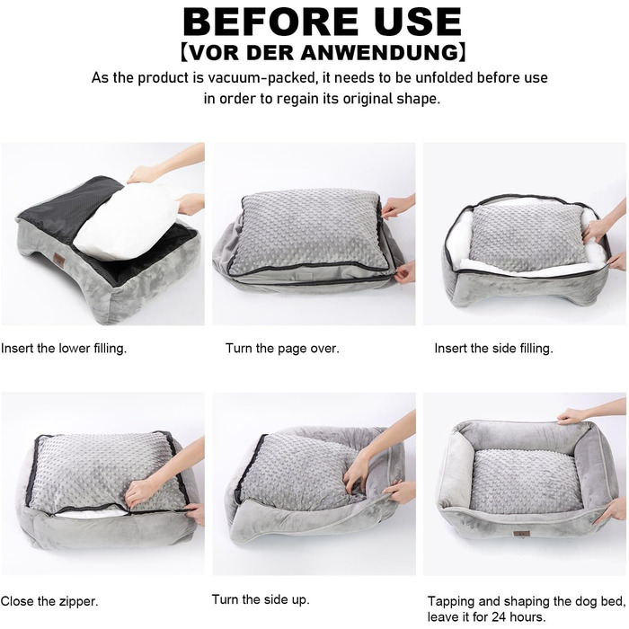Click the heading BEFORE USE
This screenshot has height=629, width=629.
[x=322, y=22]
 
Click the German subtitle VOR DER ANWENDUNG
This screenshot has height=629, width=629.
[x=323, y=52]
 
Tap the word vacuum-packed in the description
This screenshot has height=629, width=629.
[x=262, y=77]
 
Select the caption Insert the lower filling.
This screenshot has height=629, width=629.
[x=64, y=348]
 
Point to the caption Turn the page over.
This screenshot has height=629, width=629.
[x=282, y=349]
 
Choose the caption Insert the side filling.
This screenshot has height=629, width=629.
[x=493, y=348]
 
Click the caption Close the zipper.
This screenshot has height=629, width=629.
[x=49, y=601]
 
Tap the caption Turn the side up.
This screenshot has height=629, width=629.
[x=261, y=599]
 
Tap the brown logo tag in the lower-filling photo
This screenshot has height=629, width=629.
[x=60, y=261]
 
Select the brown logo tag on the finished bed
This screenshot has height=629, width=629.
[x=521, y=534]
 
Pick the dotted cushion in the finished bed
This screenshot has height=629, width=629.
[x=526, y=481]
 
